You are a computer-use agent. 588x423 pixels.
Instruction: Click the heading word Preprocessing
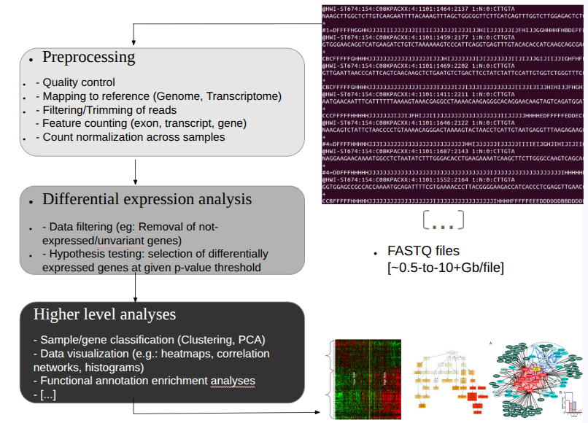(88, 57)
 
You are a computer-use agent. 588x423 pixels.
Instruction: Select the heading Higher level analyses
(104, 315)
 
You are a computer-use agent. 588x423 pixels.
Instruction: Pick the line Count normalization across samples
(134, 137)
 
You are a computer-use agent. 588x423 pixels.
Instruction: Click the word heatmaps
(198, 354)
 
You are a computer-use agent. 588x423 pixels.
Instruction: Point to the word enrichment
(174, 381)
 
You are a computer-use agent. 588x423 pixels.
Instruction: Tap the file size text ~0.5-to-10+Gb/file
(446, 268)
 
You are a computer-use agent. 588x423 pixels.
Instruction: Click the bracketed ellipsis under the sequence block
(443, 219)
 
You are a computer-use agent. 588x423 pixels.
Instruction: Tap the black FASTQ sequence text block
(453, 103)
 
